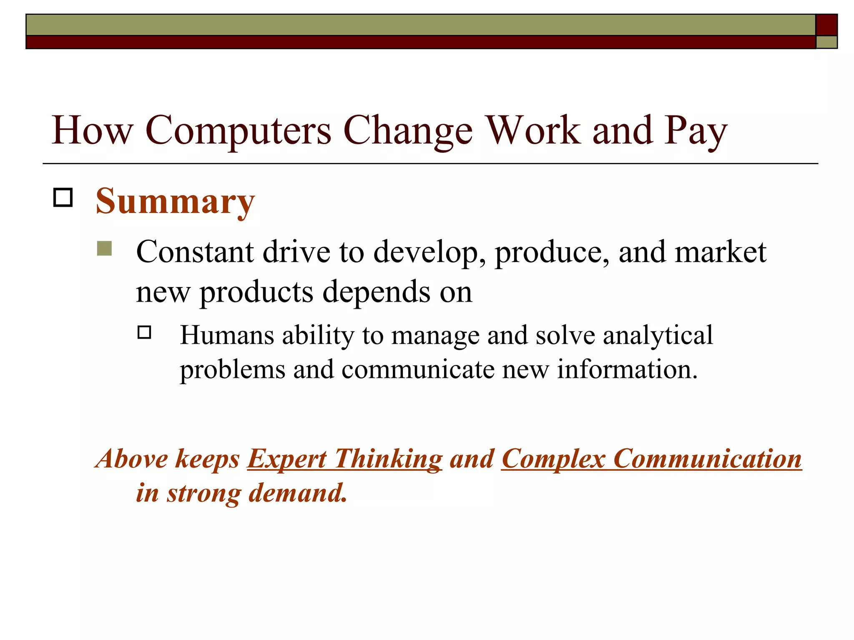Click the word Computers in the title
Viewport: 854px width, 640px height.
pos(238,131)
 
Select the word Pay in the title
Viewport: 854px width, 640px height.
pos(696,131)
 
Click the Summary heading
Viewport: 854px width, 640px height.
pos(175,202)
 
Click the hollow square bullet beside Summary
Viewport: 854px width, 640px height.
pos(63,197)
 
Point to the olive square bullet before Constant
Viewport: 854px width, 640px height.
pos(104,248)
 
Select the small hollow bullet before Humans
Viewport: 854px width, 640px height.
pos(144,332)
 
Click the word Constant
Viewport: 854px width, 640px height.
pos(195,252)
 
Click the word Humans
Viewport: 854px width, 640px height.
pos(227,335)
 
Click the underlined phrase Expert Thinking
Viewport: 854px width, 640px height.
pos(344,459)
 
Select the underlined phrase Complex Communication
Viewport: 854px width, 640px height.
pos(651,459)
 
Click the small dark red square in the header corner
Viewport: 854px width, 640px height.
pos(826,25)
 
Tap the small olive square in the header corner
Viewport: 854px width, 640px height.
pos(826,42)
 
